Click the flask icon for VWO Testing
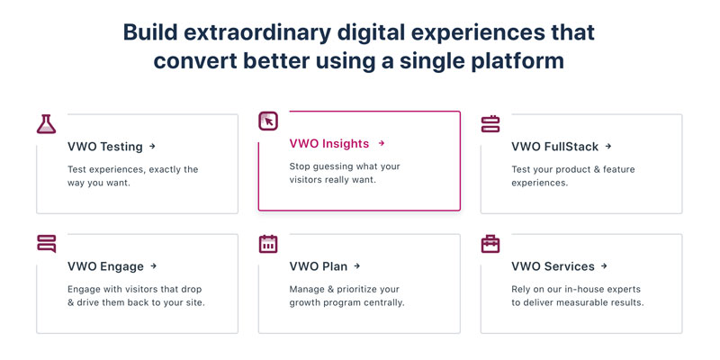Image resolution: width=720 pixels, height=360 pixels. [x=47, y=124]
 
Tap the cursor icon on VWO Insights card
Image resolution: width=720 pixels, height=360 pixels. [x=268, y=121]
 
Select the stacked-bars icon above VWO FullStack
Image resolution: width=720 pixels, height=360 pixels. [x=490, y=124]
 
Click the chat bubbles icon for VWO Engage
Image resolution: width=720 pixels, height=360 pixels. [x=47, y=244]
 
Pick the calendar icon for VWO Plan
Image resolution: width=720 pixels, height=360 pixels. [x=268, y=244]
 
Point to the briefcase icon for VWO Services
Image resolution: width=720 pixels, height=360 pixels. [x=490, y=244]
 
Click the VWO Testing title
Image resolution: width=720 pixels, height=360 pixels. [x=105, y=147]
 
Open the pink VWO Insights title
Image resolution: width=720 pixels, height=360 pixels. [x=329, y=144]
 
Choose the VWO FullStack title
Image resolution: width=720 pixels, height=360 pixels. [x=555, y=147]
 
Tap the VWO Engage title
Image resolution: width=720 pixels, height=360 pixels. [x=105, y=266]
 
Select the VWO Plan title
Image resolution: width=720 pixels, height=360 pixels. [x=319, y=266]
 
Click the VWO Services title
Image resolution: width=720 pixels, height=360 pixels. [x=553, y=266]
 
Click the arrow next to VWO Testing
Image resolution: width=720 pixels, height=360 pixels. [x=152, y=147]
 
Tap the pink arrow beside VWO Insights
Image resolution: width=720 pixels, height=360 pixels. [x=381, y=143]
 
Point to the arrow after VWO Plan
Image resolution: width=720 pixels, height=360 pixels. [x=357, y=265]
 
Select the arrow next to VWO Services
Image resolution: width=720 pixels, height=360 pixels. [x=604, y=265]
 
